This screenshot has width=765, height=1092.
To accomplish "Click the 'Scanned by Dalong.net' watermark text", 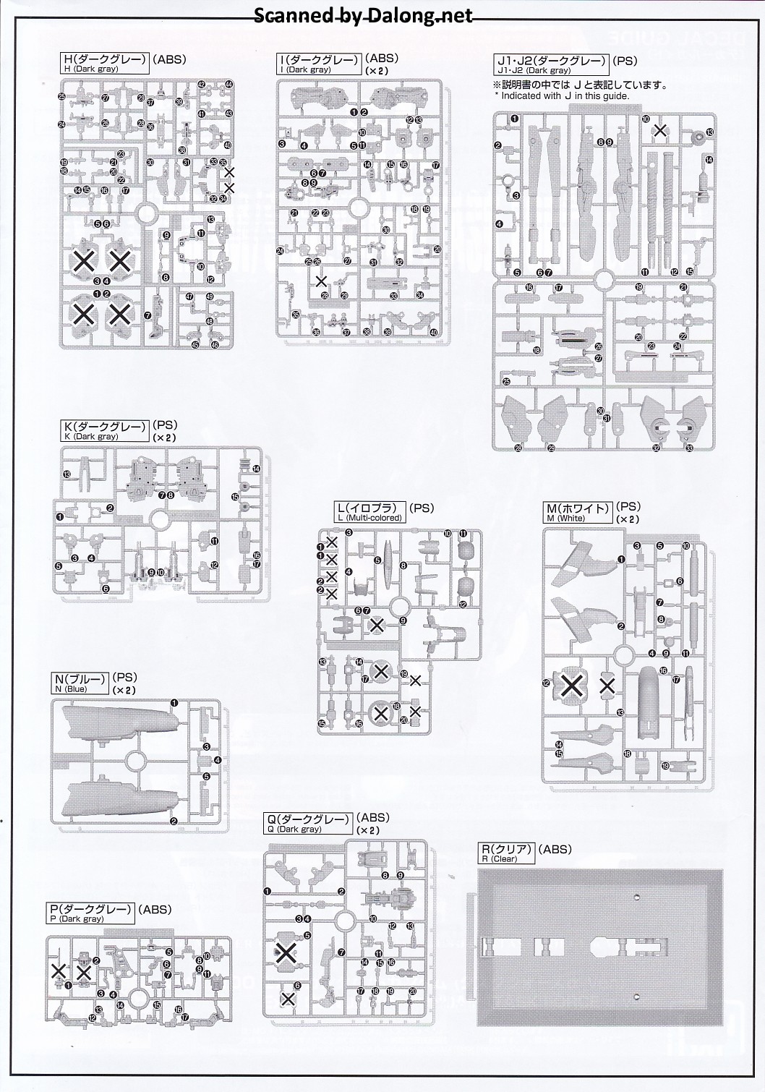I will tap(363, 16).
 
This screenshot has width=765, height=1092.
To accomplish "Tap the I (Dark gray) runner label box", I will tap(318, 64).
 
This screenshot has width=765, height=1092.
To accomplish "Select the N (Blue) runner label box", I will tap(80, 683).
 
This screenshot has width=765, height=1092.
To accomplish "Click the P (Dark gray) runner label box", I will tap(90, 913).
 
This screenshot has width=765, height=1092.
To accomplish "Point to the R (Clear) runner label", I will tap(507, 854).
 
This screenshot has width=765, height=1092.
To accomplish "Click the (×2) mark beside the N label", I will tap(124, 691).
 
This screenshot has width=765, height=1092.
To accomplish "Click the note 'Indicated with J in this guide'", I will tap(562, 95).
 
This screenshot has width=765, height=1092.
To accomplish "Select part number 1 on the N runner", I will tap(174, 703).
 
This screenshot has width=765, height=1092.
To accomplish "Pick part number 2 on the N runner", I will tap(174, 821).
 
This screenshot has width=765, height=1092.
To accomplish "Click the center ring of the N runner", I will tap(135, 761).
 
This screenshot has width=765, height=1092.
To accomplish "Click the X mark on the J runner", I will tap(659, 131).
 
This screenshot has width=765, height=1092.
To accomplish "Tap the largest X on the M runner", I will tap(571, 683).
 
